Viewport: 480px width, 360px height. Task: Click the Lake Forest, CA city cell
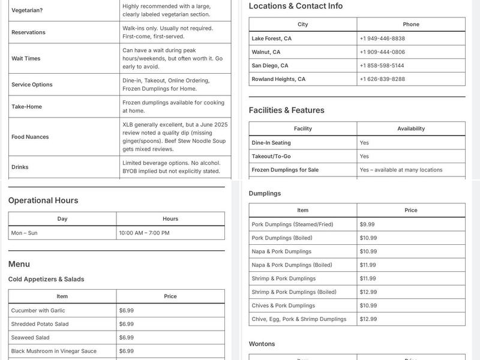[x=271, y=38]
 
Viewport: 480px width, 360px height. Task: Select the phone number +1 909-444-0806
[x=382, y=52]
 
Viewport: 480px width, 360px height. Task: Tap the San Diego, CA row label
[x=269, y=65]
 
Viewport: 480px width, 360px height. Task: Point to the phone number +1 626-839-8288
[x=382, y=79]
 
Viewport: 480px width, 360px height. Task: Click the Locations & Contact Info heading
[x=296, y=6]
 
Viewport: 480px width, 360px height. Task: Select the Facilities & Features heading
[x=286, y=110]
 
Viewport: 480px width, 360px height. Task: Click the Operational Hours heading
[x=43, y=200]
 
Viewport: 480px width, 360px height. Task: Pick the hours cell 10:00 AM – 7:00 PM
[x=144, y=233]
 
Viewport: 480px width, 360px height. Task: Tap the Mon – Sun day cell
[x=24, y=233]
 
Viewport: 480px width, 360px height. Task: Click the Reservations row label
[x=28, y=32]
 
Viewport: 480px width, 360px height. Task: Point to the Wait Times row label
[x=26, y=59]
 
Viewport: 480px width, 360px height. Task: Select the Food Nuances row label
[x=30, y=137]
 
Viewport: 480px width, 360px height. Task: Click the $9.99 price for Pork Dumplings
[x=367, y=224]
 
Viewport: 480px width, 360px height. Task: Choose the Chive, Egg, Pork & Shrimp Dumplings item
[x=299, y=319]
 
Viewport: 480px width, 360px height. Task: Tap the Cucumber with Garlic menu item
[x=38, y=311]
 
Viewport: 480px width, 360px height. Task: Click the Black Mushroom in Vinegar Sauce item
[x=53, y=351]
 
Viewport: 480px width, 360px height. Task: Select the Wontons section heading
[x=262, y=344]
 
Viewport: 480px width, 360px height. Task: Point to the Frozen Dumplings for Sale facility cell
[x=285, y=170]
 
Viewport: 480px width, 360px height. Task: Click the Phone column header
[x=411, y=25]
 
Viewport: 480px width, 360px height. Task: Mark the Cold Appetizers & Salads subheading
[x=46, y=279]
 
